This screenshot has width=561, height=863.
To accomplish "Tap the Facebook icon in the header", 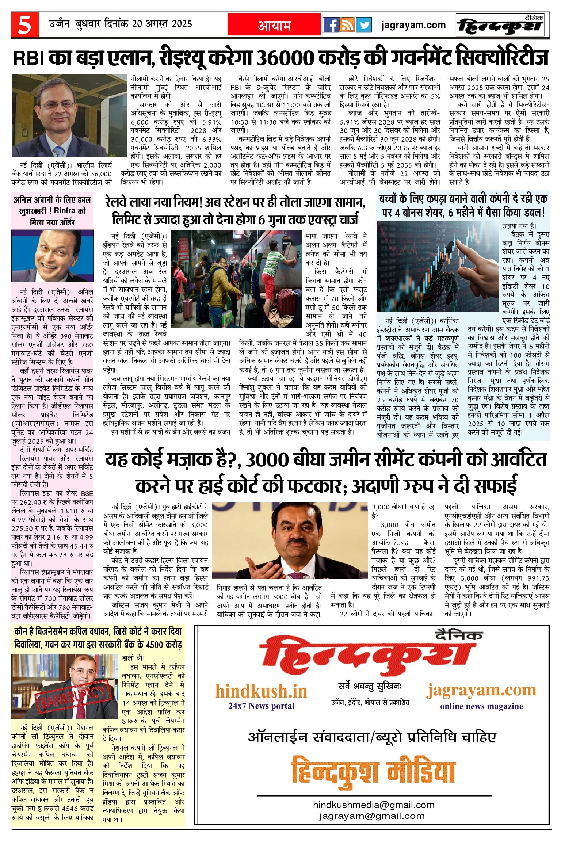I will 331,25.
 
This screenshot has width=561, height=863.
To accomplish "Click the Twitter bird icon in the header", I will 363,25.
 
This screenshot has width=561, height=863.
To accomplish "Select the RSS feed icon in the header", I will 347,25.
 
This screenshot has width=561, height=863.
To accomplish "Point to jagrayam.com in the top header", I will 413,25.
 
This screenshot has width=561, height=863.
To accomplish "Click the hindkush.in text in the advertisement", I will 261,691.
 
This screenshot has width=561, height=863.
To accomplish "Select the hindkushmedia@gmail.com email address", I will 373,805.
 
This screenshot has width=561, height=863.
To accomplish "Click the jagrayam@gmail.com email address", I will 372,816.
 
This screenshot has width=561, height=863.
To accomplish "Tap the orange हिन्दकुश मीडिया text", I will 373,771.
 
